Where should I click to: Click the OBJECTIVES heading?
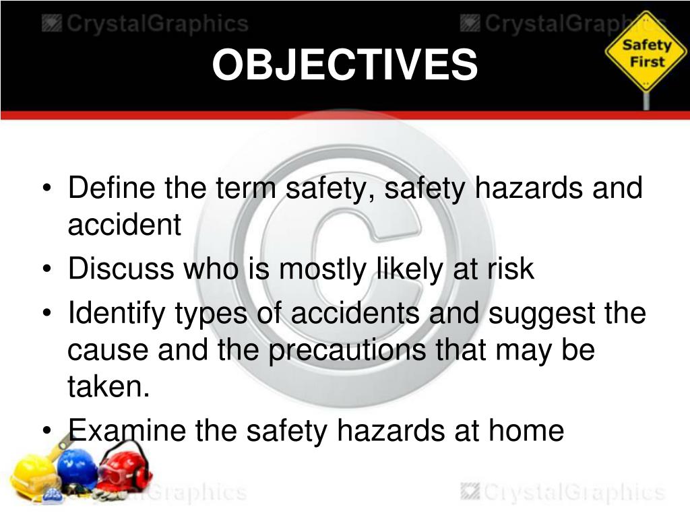pyautogui.click(x=345, y=66)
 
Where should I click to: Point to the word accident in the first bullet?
pyautogui.click(x=124, y=226)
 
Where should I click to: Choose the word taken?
pyautogui.click(x=107, y=388)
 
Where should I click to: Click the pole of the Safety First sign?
pyautogui.click(x=646, y=99)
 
